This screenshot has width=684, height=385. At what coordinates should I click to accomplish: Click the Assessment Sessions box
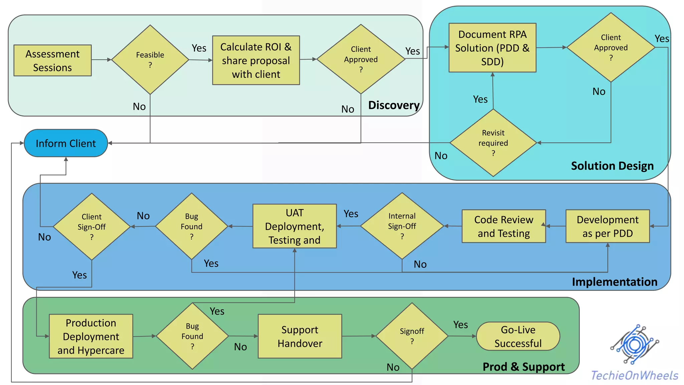(x=52, y=60)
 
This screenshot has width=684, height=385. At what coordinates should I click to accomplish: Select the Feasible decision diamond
(x=150, y=60)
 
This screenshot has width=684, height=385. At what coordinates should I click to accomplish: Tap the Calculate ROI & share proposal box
(x=256, y=60)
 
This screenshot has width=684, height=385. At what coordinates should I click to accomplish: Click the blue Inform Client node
(x=66, y=143)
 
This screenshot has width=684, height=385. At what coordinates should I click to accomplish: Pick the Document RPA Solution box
(x=492, y=48)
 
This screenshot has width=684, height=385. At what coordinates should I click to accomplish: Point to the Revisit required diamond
(x=493, y=143)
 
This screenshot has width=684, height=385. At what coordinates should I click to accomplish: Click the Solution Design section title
(x=612, y=166)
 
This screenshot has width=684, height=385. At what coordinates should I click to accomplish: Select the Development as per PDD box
(x=607, y=226)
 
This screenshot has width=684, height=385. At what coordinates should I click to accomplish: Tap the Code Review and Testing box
(x=503, y=226)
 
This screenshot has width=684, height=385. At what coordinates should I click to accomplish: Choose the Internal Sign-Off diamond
(x=402, y=226)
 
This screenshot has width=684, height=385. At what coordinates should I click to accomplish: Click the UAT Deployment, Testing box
(x=294, y=226)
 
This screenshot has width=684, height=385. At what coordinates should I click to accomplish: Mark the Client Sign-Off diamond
(x=92, y=227)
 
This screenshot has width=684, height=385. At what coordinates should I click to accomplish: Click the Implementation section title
(x=614, y=282)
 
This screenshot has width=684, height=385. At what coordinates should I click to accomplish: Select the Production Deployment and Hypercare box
(x=91, y=336)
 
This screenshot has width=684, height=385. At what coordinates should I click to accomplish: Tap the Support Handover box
(x=300, y=336)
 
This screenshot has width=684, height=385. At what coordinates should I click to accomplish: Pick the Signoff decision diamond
(x=412, y=336)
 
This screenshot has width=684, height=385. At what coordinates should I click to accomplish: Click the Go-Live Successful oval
(x=518, y=336)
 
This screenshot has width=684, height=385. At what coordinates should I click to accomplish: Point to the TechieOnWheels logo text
(x=634, y=376)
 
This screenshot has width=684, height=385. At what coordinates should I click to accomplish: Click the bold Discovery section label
(x=394, y=105)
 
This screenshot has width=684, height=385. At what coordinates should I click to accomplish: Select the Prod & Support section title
(x=523, y=367)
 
